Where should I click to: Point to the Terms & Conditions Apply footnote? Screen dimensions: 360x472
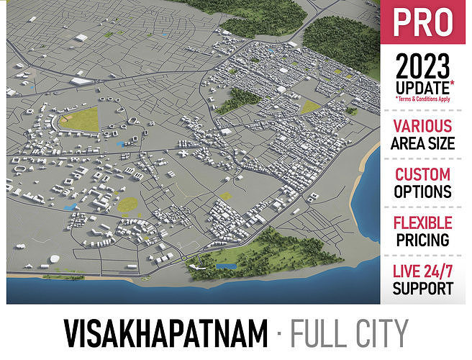425,99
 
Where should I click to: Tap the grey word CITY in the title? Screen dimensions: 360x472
381,333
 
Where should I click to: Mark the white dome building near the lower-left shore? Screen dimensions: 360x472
55,258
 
